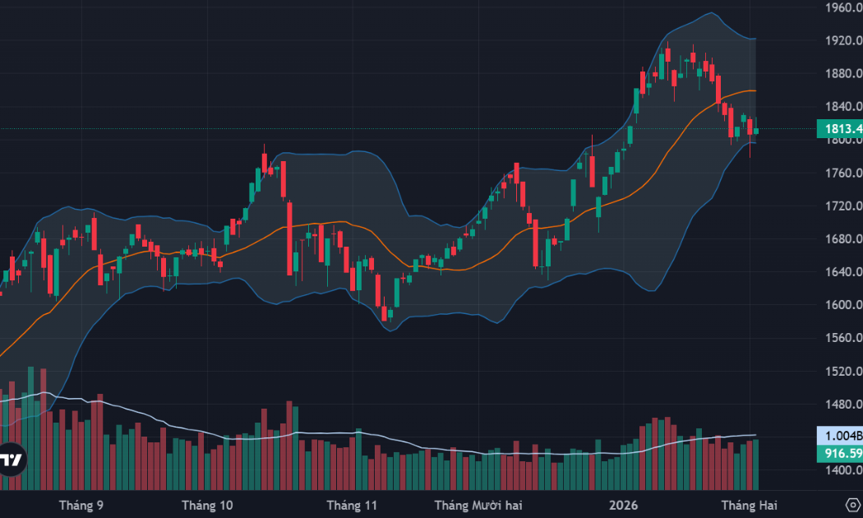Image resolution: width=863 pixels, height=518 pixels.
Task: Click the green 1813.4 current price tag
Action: point(839,129)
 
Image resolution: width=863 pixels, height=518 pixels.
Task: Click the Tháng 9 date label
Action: point(81,504)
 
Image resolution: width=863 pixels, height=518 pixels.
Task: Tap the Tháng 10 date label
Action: point(207,504)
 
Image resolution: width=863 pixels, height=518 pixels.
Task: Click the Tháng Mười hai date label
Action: point(478,504)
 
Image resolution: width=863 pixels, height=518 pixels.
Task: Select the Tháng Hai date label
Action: point(749,504)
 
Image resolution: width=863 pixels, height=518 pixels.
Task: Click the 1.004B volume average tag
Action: point(839,437)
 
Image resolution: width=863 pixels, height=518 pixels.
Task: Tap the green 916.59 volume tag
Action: point(839,454)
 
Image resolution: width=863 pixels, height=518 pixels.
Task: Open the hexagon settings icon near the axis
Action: point(852,504)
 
